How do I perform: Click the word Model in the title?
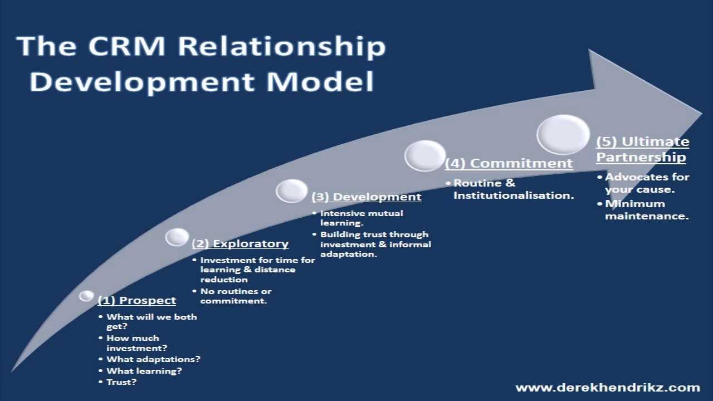pos(320,81)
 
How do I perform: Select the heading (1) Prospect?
pos(136,301)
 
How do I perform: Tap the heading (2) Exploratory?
pos(240,244)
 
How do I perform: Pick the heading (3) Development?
pos(366,197)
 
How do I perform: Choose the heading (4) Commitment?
pos(509,163)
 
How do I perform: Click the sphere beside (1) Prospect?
pos(86,296)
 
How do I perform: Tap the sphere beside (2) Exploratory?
pos(177,237)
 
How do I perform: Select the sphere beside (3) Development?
pos(291,190)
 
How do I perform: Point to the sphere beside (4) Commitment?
pos(425,155)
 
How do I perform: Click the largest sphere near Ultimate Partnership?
pos(563,134)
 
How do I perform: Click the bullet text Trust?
pos(121,382)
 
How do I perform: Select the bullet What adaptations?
pos(153,359)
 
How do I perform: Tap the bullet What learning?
pos(144,371)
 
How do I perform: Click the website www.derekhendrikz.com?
pos(607,388)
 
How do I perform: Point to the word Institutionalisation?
pos(513,195)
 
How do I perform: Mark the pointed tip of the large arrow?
pos(700,113)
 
